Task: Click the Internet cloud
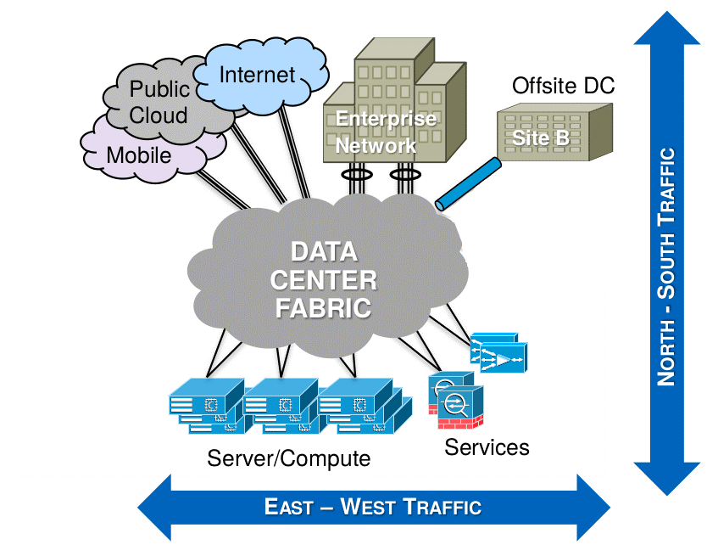[259, 76]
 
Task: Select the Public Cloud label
[159, 102]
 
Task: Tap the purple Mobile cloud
[139, 155]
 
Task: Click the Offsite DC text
[563, 86]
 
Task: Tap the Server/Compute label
[288, 459]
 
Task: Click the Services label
[487, 447]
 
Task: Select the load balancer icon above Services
[500, 352]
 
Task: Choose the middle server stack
[280, 406]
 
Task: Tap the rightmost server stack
[356, 406]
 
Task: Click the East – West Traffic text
[373, 508]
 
